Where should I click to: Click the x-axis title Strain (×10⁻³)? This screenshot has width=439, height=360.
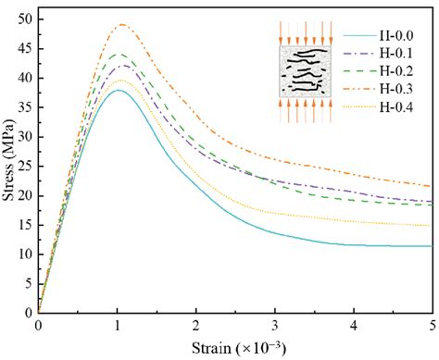237,350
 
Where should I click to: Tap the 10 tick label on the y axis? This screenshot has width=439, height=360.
24,254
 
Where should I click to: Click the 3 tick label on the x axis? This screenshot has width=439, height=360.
276,327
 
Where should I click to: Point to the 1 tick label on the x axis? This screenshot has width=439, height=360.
118,327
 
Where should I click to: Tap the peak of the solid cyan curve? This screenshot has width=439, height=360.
119,90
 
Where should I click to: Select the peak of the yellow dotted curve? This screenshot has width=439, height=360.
119,81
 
